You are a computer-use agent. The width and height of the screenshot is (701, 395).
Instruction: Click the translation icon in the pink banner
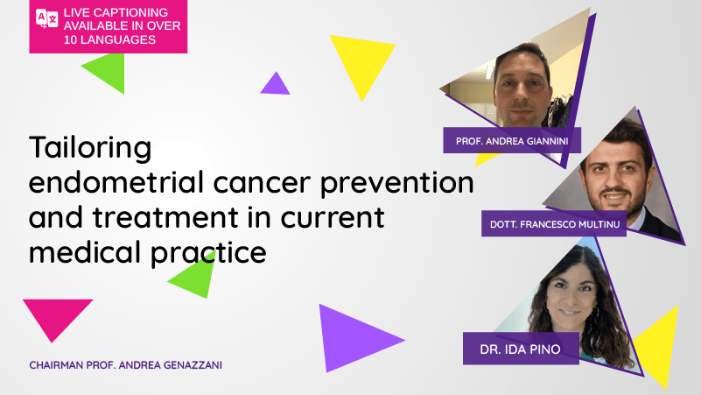[x=46, y=18]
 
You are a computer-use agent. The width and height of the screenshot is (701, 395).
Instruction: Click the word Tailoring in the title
[x=90, y=147]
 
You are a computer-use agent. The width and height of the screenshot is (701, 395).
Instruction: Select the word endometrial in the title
[x=116, y=182]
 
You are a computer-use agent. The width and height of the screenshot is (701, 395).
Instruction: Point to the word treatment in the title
[x=165, y=217]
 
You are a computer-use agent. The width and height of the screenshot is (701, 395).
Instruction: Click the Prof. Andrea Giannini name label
[x=512, y=140]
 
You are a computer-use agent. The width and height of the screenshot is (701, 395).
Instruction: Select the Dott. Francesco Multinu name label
[x=554, y=223]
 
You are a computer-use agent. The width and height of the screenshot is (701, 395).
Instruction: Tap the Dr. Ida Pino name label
[x=521, y=349]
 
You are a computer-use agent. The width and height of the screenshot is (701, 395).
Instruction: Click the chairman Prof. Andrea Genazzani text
[x=126, y=365]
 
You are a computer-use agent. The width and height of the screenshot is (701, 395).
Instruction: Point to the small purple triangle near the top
[x=276, y=85]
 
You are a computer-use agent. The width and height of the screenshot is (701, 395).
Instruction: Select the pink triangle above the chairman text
[x=56, y=315]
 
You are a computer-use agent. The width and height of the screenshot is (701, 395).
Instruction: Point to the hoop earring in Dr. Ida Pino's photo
[x=596, y=313]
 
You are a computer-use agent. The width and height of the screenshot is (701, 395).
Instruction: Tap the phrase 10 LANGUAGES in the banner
[x=109, y=39]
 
